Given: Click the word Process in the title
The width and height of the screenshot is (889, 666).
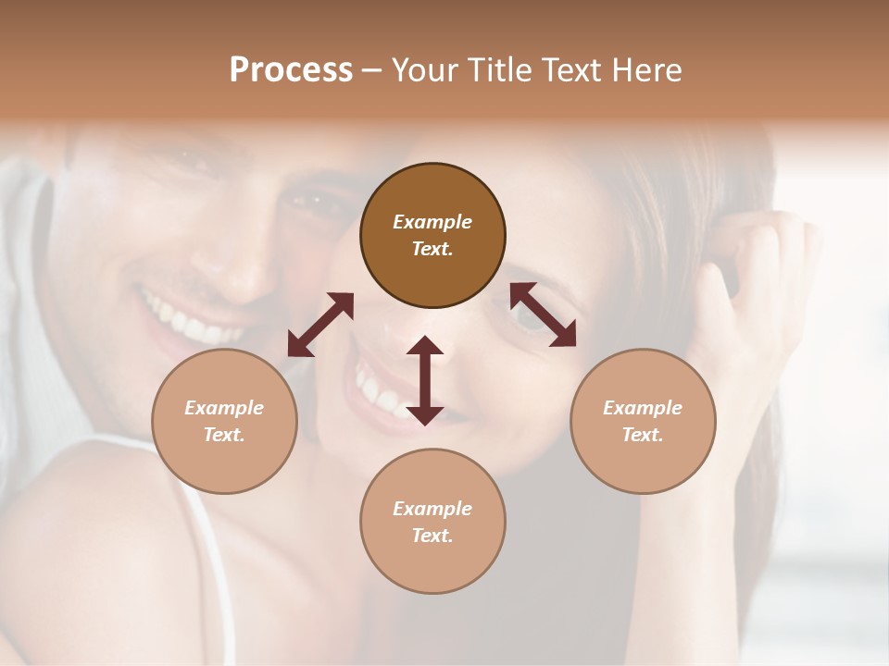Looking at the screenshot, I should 291,70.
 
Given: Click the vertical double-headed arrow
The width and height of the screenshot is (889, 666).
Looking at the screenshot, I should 425,380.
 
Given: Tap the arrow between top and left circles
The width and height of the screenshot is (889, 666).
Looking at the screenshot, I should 320,325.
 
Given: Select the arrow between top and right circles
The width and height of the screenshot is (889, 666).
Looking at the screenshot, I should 543,314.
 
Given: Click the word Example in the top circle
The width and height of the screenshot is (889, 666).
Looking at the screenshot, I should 432,222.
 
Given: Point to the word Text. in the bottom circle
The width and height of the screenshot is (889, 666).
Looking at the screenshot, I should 432,536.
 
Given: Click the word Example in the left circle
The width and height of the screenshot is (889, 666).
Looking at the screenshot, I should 224,408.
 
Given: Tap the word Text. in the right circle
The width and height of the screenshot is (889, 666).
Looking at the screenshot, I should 643,435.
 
